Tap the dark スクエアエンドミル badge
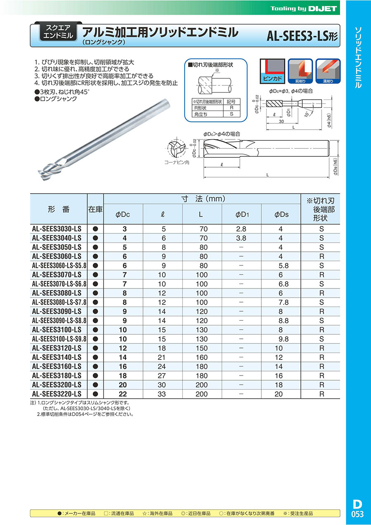(x=57, y=31)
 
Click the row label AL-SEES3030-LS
(x=56, y=229)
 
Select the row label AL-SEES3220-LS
(x=56, y=394)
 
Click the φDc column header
(x=123, y=214)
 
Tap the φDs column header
(x=281, y=214)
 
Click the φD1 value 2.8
(x=242, y=229)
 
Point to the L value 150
(x=202, y=348)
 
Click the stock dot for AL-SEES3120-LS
(x=96, y=348)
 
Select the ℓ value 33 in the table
(x=162, y=394)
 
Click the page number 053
(x=357, y=514)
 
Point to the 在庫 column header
(x=96, y=209)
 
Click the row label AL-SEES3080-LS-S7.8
(x=59, y=302)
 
